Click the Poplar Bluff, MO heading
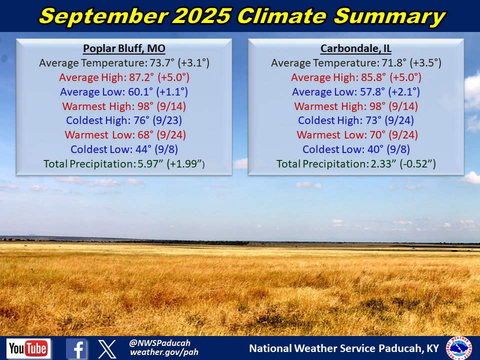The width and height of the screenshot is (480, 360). [x=124, y=48]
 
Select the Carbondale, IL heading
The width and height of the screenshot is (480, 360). [x=355, y=48]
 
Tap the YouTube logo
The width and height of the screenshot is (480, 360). [x=28, y=348]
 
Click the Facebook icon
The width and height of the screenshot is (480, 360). [x=76, y=348]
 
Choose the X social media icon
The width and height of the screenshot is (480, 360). [x=107, y=348]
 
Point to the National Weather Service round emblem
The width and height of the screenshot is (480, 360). [x=458, y=348]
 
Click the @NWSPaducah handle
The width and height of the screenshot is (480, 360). [x=160, y=343]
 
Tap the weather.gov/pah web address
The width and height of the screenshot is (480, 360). [x=164, y=352]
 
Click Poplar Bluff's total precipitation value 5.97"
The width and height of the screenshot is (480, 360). [x=150, y=164]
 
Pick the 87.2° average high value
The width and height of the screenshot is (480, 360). [x=141, y=77]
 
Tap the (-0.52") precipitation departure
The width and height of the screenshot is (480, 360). [x=417, y=164]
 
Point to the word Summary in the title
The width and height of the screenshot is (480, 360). [x=389, y=16]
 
